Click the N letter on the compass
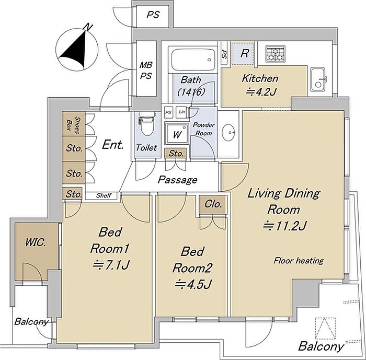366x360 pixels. pyautogui.click(x=88, y=27)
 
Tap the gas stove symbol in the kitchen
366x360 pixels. pyautogui.click(x=276, y=54)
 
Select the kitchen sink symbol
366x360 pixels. pyautogui.click(x=318, y=80)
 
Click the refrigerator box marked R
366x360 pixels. pyautogui.click(x=244, y=53)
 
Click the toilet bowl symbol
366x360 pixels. pyautogui.click(x=146, y=124)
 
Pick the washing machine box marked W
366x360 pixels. pyautogui.click(x=177, y=134)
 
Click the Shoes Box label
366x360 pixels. pyautogui.click(x=74, y=125)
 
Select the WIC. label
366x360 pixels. pyautogui.click(x=36, y=242)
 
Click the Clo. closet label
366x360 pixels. pyautogui.click(x=213, y=204)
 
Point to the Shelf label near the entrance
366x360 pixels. pyautogui.click(x=104, y=195)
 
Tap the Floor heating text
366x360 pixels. pyautogui.click(x=299, y=260)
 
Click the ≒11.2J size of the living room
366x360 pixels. pyautogui.click(x=284, y=226)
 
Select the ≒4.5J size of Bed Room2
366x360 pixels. pyautogui.click(x=194, y=284)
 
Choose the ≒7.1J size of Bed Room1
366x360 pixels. pyautogui.click(x=111, y=265)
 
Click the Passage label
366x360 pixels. pyautogui.click(x=178, y=179)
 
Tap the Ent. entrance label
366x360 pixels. pyautogui.click(x=113, y=145)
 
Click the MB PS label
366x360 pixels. pyautogui.click(x=146, y=70)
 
